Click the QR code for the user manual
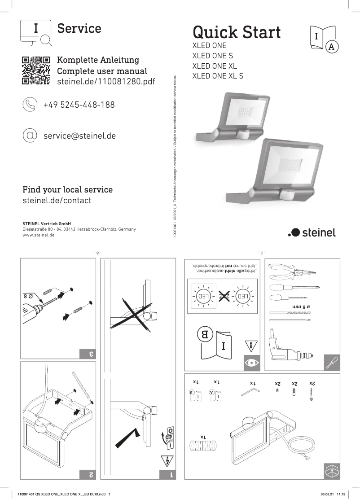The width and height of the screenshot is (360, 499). coord(36,70)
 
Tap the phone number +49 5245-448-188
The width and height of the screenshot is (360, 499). coord(79,105)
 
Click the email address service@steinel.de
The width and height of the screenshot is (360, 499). coord(79,135)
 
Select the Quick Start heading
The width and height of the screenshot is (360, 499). coord(237,32)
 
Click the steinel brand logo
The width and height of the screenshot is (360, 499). coord(312,232)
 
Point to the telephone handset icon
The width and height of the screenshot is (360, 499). coord(30,105)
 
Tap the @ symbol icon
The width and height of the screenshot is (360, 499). coord(30,135)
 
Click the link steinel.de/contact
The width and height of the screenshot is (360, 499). coord(57,201)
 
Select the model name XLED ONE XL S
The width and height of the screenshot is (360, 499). coord(218,76)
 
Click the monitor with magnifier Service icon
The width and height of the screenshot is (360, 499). coord(36,33)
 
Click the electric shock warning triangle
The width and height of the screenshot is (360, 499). coord(166,460)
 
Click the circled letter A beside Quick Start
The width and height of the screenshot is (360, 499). coord(331,47)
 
